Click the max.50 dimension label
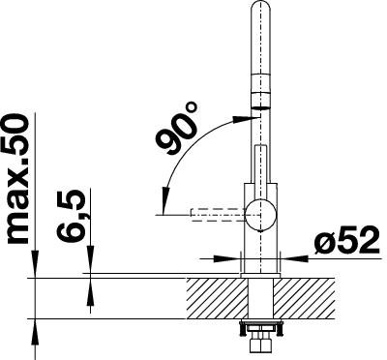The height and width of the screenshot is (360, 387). [18, 181]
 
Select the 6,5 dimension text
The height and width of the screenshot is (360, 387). [72, 216]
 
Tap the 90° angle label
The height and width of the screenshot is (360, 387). [178, 129]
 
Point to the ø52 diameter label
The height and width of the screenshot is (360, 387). [346, 240]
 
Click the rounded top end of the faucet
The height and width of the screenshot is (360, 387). [260, 8]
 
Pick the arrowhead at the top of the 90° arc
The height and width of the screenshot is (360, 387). [242, 119]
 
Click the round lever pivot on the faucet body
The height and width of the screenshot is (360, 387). [260, 215]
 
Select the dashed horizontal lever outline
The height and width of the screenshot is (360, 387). [218, 215]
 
